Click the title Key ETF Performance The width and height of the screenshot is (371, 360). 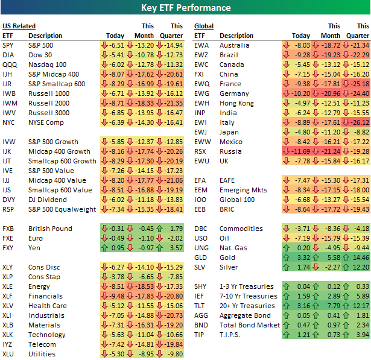[x=185, y=8]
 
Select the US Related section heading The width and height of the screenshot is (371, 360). [x=19, y=26]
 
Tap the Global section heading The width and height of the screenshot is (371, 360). [x=204, y=26]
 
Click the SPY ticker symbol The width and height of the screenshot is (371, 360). [x=8, y=45]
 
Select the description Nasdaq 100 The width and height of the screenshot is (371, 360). [x=47, y=65]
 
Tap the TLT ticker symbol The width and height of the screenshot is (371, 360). [x=200, y=306]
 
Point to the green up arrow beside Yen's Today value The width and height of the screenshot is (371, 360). [x=105, y=248]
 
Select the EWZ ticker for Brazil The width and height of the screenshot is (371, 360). [x=201, y=55]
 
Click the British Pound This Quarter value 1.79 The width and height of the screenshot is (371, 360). [x=176, y=229]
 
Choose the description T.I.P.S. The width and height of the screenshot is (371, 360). [x=231, y=335]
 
